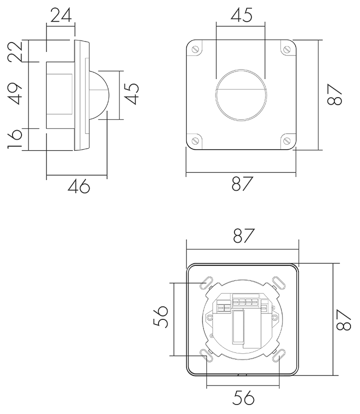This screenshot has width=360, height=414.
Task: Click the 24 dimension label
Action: click(61, 16)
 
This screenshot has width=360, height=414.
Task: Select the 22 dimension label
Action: click(15, 52)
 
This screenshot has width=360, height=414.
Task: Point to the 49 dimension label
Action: click(15, 94)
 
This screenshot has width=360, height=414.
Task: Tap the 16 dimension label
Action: click(15, 139)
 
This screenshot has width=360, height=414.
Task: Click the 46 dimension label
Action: click(79, 186)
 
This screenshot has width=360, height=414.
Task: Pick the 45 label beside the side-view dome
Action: click(131, 94)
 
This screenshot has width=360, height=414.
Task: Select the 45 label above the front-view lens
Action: click(241, 15)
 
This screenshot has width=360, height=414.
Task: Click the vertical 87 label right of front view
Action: click(334, 95)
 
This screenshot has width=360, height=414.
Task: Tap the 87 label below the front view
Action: click(242, 184)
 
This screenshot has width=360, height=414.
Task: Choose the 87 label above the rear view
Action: click(244, 235)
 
